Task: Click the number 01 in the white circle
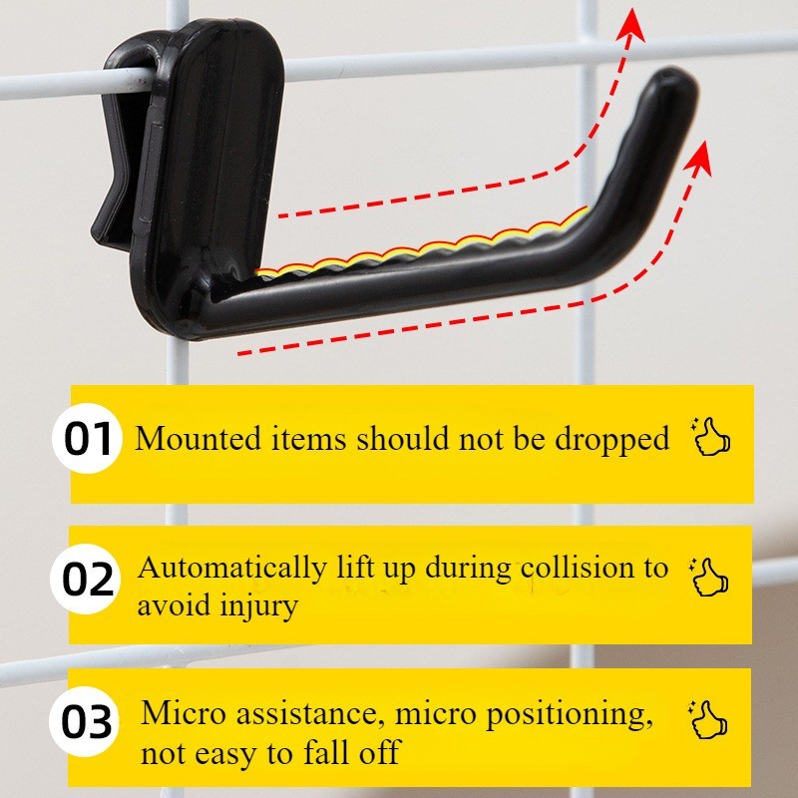88,439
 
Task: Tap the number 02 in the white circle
88,580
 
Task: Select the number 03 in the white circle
86,722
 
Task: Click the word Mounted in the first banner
198,438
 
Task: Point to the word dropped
611,440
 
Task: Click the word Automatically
232,569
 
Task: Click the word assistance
308,713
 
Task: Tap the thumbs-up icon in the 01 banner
711,437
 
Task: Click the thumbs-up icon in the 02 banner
709,578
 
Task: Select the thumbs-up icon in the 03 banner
708,719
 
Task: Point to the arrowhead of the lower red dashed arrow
699,158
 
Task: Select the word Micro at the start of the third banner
183,713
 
